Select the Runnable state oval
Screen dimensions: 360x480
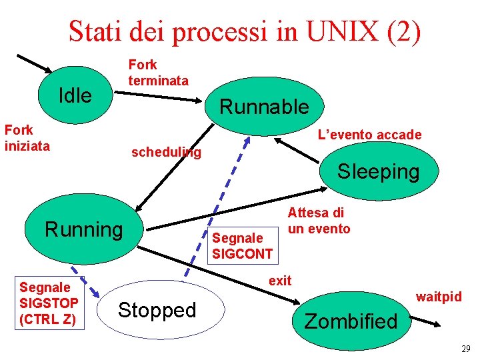264,106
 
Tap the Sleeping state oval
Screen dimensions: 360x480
378,171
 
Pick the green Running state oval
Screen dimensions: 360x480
84,230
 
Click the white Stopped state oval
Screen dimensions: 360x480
157,310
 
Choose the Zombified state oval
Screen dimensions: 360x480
351,321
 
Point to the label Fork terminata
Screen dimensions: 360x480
158,73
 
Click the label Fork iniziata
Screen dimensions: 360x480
27,138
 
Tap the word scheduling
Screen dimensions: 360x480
166,152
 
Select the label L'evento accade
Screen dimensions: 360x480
369,135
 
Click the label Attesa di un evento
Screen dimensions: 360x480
318,221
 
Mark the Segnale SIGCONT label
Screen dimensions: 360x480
242,245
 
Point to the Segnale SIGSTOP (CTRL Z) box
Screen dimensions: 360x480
49,303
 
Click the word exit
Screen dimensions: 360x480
280,281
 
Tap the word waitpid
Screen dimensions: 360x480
439,296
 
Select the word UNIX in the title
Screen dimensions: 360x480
345,31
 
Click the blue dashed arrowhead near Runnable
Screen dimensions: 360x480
248,141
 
